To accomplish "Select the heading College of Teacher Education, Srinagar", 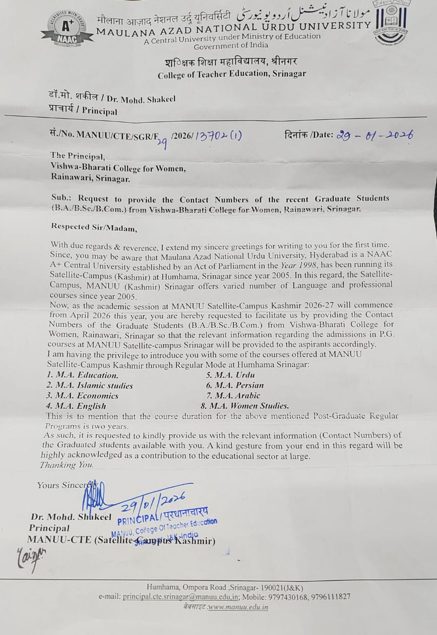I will coord(232,74).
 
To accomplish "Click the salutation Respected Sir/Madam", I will coord(93,227).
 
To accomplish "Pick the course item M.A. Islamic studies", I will coord(90,385).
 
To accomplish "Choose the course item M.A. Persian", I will coord(235,385).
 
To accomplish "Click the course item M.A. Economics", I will coord(82,395).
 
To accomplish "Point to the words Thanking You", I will coord(66,465).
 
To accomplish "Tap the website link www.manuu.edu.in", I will coord(238,607).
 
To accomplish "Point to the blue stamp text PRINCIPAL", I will coord(136,520).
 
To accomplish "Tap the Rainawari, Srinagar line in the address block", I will coord(90,178).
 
